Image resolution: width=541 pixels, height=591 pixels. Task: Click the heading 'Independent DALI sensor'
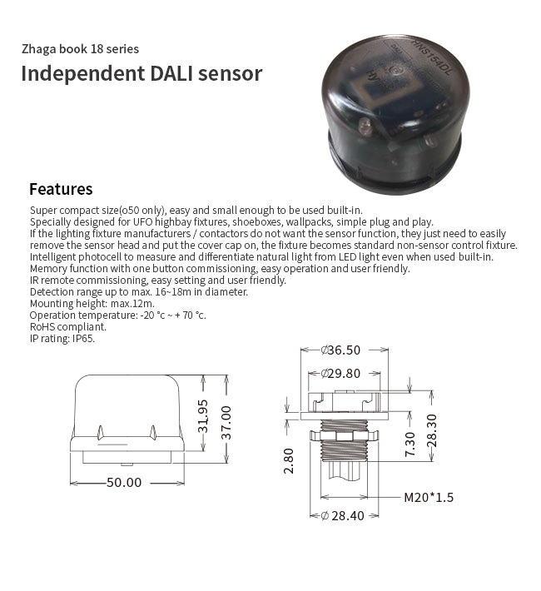(141, 73)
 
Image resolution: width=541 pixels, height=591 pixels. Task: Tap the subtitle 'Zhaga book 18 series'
(80, 49)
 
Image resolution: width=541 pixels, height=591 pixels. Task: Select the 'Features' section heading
(61, 189)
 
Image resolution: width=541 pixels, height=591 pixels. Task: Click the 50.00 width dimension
(124, 482)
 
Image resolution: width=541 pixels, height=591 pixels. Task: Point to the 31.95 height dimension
(203, 416)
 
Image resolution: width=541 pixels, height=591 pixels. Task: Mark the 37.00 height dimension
(226, 423)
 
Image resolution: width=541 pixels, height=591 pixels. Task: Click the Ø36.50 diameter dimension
(340, 350)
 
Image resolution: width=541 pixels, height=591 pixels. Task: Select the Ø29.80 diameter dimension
(340, 374)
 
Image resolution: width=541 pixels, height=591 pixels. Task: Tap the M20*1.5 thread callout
(429, 498)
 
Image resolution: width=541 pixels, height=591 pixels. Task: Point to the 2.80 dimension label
(289, 460)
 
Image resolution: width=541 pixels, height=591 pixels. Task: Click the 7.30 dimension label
(409, 444)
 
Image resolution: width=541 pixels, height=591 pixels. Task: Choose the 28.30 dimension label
(432, 430)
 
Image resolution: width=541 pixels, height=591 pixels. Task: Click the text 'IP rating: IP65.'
(62, 339)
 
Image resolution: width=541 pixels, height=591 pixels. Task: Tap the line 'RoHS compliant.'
(68, 327)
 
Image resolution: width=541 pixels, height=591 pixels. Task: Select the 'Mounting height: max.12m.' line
(92, 304)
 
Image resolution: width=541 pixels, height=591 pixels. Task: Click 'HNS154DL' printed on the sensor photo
(433, 57)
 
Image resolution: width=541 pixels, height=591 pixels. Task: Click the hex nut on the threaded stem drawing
(344, 436)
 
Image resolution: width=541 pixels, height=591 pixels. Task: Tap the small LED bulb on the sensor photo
(365, 126)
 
